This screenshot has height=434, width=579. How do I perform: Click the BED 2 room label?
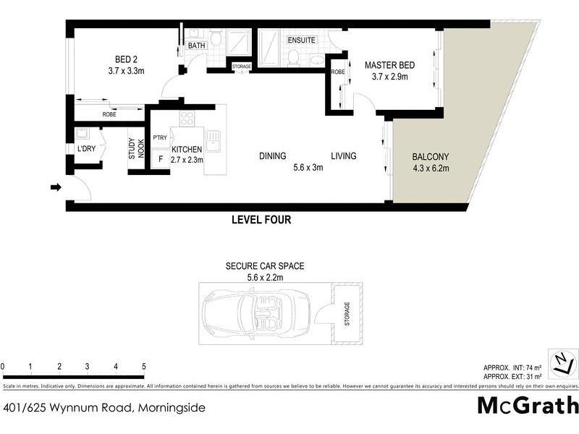point(122,60)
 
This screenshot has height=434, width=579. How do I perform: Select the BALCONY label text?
point(431,156)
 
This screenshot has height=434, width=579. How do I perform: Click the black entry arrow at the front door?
point(56,188)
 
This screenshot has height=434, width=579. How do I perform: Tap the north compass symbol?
point(562,362)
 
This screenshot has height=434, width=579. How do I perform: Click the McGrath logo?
point(528,406)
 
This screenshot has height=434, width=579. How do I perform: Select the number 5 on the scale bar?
point(144,366)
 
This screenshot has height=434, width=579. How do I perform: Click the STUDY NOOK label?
point(137,148)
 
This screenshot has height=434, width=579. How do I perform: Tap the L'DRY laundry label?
point(87,150)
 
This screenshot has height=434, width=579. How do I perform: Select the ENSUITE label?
point(301,41)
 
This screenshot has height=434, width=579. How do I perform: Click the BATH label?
point(196,46)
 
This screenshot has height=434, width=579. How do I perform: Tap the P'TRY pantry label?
point(160,137)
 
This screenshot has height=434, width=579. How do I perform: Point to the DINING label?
point(272,156)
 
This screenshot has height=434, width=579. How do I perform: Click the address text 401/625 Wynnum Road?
point(103,407)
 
